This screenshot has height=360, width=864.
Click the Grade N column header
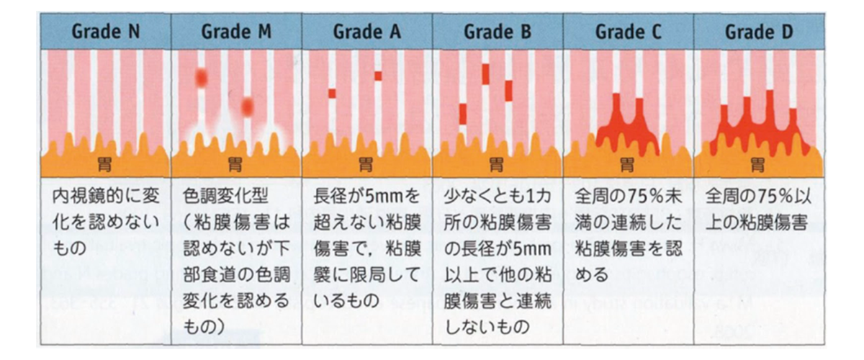pyautogui.click(x=105, y=32)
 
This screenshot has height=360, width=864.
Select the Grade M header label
pyautogui.click(x=235, y=32)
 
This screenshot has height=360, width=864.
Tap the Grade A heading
pyautogui.click(x=366, y=32)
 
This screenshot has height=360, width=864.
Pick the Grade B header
pyautogui.click(x=497, y=32)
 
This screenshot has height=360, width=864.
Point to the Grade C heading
pyautogui.click(x=628, y=32)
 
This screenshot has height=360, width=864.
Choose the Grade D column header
pyautogui.click(x=758, y=32)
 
